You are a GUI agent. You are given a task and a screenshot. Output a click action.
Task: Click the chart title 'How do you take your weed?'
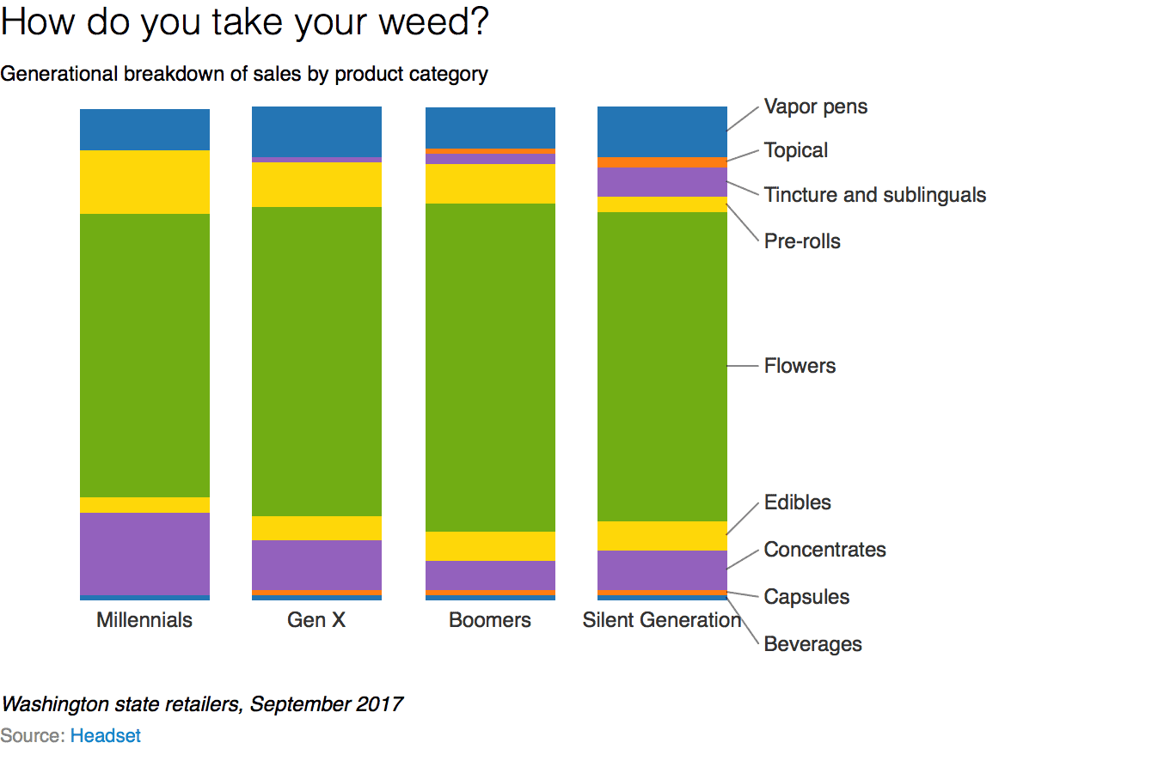point(245,23)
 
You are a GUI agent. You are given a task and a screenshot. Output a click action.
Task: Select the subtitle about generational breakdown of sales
point(244,75)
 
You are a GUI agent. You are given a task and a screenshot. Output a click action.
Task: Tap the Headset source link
point(106,736)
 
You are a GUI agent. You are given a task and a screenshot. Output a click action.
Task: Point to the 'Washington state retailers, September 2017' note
point(202,705)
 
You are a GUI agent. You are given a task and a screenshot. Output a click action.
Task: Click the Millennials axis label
point(144,620)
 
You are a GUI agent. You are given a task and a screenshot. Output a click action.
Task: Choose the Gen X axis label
point(316,620)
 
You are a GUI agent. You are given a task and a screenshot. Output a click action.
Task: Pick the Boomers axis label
point(490,620)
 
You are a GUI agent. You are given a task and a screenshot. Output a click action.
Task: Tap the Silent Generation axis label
point(661,620)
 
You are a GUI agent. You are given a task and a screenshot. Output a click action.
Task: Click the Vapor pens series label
point(816,107)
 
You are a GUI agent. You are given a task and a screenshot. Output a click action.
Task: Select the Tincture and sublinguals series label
point(875,195)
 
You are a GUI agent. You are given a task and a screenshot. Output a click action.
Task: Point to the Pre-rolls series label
point(802,241)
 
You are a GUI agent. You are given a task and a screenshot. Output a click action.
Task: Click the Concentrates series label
point(824,550)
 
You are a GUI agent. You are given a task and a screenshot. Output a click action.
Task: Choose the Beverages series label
point(812,644)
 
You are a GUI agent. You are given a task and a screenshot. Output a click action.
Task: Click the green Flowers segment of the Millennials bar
point(144,356)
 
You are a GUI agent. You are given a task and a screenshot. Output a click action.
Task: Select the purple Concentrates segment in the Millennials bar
point(144,553)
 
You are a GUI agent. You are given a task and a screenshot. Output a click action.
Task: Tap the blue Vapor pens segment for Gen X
point(316,131)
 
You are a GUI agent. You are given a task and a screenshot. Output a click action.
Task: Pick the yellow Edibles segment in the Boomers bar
point(491,546)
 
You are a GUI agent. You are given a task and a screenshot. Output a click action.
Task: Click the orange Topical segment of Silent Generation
point(662,162)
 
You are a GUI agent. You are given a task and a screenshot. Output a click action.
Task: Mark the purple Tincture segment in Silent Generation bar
point(662,182)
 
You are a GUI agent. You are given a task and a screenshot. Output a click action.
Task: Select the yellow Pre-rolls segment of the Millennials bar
point(144,182)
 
